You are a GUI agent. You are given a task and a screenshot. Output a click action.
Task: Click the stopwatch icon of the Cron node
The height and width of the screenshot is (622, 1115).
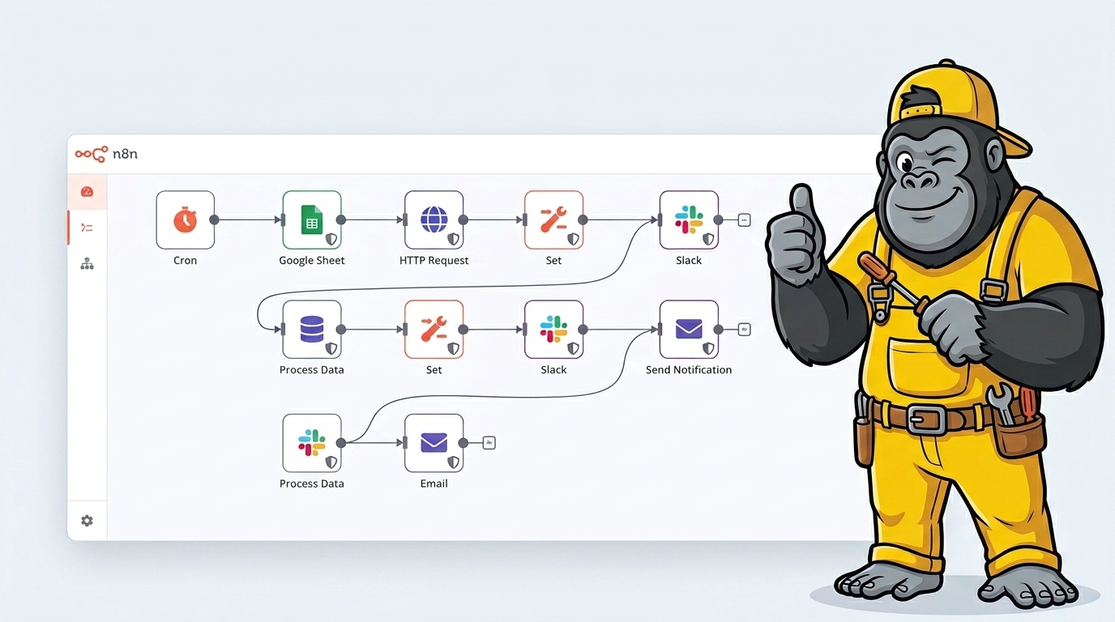[185, 219]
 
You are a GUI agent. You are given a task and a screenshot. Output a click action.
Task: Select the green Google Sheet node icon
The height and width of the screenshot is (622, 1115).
[311, 219]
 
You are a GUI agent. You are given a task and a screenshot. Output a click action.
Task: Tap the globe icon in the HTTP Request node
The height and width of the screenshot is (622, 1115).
[434, 219]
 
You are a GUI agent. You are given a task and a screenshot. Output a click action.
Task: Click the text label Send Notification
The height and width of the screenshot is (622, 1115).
[689, 370]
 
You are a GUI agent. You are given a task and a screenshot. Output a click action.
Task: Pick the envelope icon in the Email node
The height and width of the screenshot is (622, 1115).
[434, 443]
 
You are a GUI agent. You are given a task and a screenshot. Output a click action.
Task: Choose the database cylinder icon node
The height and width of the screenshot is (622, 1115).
[311, 330]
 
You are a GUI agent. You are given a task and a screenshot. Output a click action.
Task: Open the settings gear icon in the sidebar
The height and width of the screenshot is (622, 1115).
[87, 521]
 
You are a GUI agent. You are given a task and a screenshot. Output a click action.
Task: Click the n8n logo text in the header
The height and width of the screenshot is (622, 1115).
[126, 154]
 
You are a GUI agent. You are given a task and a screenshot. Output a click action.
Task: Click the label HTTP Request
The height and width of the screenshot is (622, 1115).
[434, 261]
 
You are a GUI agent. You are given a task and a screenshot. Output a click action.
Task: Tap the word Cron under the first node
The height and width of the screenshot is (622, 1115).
[185, 261]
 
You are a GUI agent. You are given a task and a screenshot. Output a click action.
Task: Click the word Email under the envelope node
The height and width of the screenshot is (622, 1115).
[434, 484]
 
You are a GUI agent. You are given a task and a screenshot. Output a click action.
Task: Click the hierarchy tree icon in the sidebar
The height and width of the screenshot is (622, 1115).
[87, 264]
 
